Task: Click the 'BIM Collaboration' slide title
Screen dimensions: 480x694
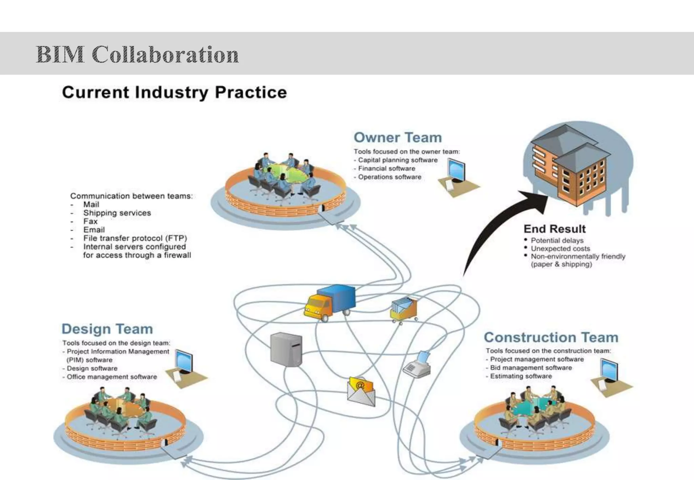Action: (137, 54)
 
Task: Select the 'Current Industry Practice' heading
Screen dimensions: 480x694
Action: (175, 92)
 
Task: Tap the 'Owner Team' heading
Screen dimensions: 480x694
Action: (397, 138)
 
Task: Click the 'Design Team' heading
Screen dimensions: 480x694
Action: (107, 329)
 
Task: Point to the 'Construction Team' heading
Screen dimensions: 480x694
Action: (551, 337)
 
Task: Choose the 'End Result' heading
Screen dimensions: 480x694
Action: (554, 229)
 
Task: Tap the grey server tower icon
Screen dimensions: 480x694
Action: (286, 349)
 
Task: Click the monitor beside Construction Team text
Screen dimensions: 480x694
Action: (609, 370)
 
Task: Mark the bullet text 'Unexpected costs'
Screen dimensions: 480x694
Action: (560, 248)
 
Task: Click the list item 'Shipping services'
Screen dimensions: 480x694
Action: (117, 213)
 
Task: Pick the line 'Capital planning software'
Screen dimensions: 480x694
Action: (397, 160)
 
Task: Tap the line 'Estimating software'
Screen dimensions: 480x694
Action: (520, 376)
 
